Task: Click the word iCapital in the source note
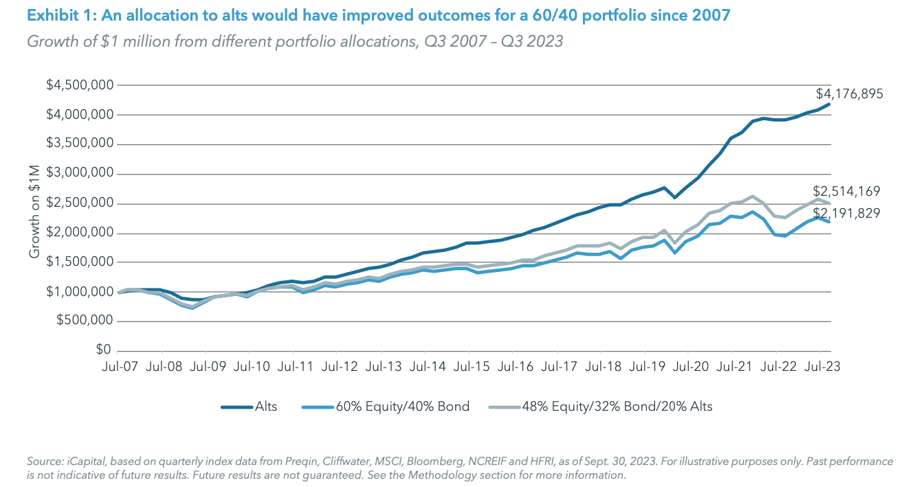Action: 81,462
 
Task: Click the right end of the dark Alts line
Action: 830,104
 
